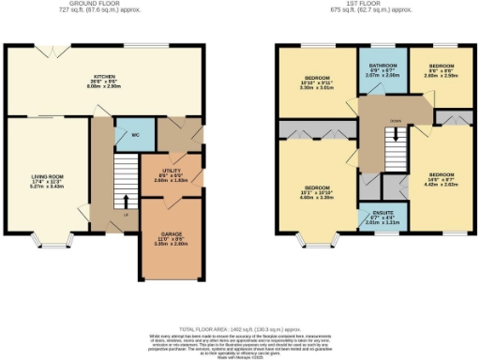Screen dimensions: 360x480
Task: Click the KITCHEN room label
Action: (103, 77)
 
